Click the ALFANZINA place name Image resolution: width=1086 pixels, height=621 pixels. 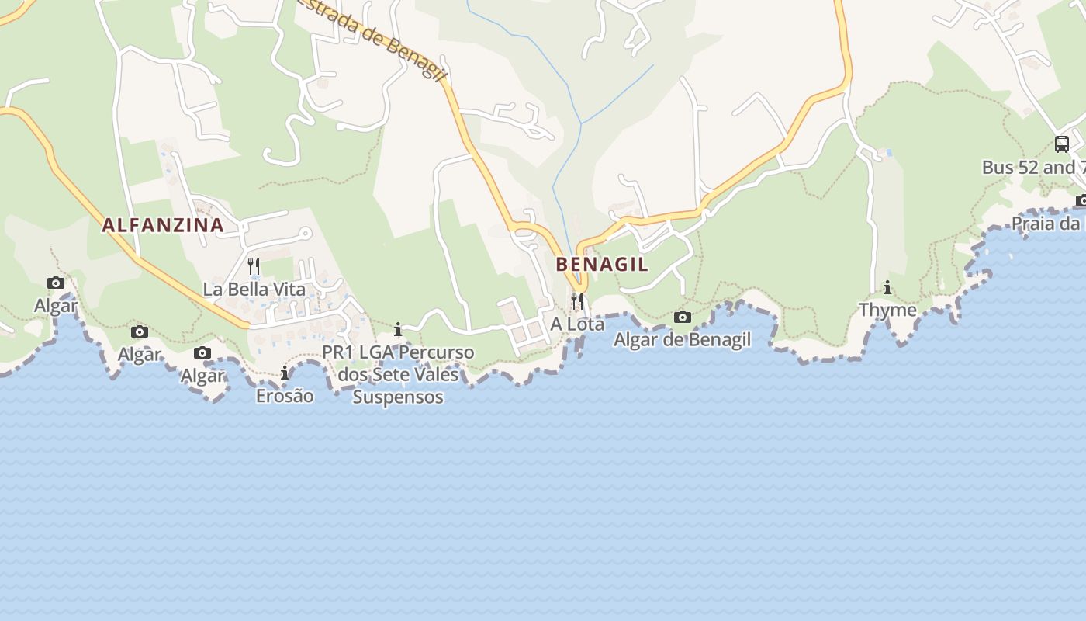pos(163,226)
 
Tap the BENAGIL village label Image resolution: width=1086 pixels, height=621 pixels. pos(602,265)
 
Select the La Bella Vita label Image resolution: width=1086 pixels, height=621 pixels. pos(254,290)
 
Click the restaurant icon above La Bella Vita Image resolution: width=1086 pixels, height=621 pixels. pos(253,266)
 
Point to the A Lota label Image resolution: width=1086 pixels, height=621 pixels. pos(577,324)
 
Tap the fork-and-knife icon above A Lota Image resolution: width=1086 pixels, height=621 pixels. pos(577,300)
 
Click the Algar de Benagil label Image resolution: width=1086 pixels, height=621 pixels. pos(683,340)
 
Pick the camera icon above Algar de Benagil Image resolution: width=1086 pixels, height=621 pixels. pos(683,317)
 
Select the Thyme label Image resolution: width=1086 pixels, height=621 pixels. pos(887,310)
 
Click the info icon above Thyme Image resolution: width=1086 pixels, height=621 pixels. pos(887,288)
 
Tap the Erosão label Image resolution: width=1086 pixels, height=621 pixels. pos(285,396)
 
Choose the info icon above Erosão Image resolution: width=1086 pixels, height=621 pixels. pos(285,373)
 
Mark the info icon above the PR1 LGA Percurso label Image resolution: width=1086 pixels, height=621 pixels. pos(398,330)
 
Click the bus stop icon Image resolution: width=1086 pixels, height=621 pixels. pos(1061,144)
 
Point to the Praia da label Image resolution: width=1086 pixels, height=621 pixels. pos(1047,224)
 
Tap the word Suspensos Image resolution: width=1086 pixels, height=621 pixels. pos(398,397)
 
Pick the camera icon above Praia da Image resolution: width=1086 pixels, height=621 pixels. pos(1081,201)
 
